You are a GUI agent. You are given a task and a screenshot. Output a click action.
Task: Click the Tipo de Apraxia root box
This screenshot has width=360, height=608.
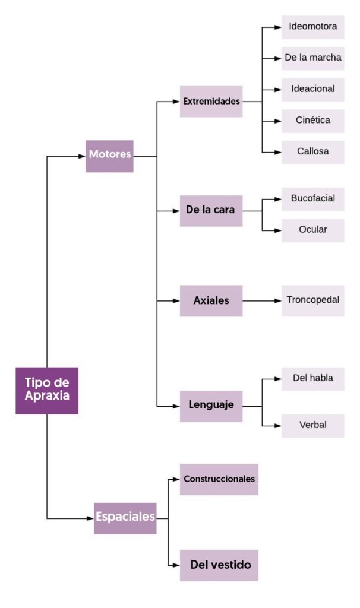point(46,390)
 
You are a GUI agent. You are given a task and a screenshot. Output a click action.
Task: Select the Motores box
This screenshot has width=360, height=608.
point(109,156)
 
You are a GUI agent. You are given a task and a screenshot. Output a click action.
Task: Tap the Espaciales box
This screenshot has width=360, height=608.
point(125,518)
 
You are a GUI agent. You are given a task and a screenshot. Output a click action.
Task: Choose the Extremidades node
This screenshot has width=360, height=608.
point(211,102)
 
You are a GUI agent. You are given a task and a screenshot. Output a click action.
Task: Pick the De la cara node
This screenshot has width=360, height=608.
point(211,211)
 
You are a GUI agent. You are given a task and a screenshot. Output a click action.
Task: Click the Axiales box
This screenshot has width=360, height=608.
point(211,300)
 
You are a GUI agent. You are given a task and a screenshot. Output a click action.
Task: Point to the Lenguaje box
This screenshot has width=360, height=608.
point(211,406)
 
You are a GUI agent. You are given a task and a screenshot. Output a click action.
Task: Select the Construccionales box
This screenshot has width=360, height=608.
point(219,479)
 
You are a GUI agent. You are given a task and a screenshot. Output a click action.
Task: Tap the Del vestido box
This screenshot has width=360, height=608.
point(219,565)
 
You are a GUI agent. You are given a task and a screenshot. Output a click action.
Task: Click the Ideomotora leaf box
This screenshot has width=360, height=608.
point(312,27)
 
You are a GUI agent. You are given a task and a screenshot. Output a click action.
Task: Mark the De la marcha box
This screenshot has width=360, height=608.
point(312,58)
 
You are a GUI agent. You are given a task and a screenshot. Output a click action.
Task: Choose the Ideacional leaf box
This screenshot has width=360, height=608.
point(312,90)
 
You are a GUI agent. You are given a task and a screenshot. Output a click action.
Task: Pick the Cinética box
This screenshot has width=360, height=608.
point(312,121)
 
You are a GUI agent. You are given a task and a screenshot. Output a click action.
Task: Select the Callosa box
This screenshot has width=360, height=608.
point(312,151)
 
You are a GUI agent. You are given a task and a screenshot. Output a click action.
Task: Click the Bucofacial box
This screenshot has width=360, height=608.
point(312,199)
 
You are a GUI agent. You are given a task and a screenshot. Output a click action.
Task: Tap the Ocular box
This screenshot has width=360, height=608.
point(312,230)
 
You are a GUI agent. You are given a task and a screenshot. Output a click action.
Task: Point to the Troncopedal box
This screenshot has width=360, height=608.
point(312,300)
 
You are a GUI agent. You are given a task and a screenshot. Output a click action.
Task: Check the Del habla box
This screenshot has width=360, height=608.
point(312,379)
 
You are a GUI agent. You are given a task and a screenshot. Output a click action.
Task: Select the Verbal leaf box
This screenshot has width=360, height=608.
point(312,426)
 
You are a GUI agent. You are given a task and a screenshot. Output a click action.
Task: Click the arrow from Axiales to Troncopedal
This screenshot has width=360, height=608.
point(261,301)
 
